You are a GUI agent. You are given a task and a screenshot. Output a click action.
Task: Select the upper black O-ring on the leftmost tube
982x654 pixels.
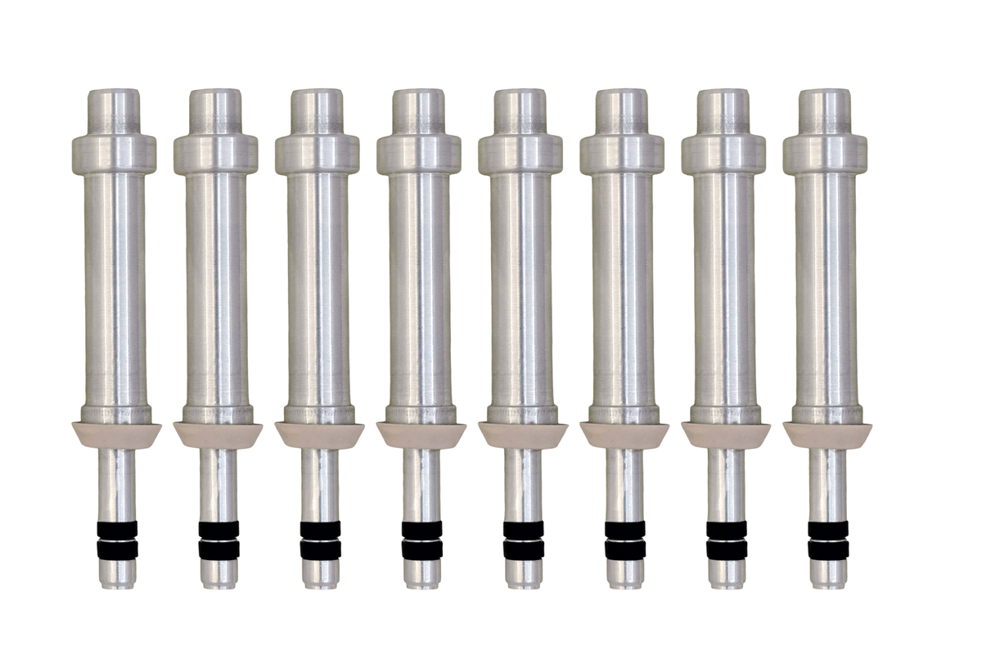pos(118,529)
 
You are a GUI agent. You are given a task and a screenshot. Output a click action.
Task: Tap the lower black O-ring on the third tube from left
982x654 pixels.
pos(320,550)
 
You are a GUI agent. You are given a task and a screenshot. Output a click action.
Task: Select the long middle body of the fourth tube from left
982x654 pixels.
pos(420,286)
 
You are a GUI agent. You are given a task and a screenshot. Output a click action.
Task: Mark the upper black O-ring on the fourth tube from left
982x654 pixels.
pos(421,529)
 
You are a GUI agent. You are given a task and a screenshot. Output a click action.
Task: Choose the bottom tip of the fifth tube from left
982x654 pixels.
pos(523,576)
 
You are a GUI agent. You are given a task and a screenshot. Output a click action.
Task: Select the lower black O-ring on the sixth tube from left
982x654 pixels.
pos(624,550)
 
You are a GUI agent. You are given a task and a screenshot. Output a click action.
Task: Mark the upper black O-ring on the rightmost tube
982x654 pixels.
pos(828,529)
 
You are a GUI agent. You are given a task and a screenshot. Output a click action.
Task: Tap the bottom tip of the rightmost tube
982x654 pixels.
pos(828,576)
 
